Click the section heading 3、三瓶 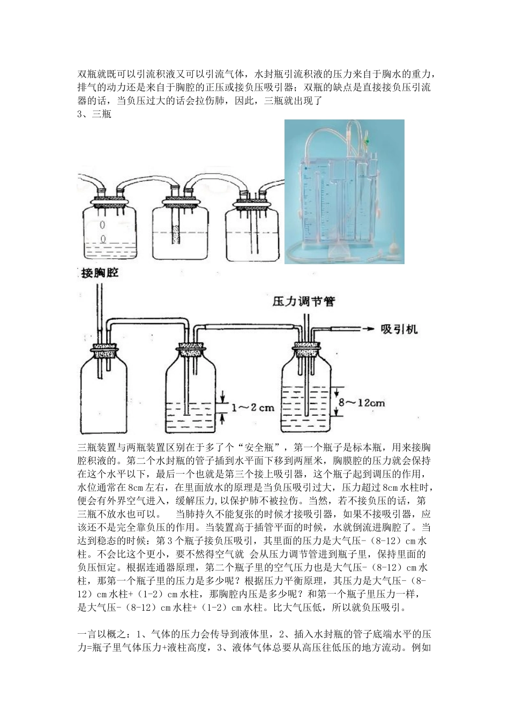pyautogui.click(x=95, y=114)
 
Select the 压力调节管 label pyautogui.click(x=304, y=302)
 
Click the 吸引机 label pyautogui.click(x=399, y=328)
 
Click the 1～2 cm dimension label pyautogui.click(x=252, y=408)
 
